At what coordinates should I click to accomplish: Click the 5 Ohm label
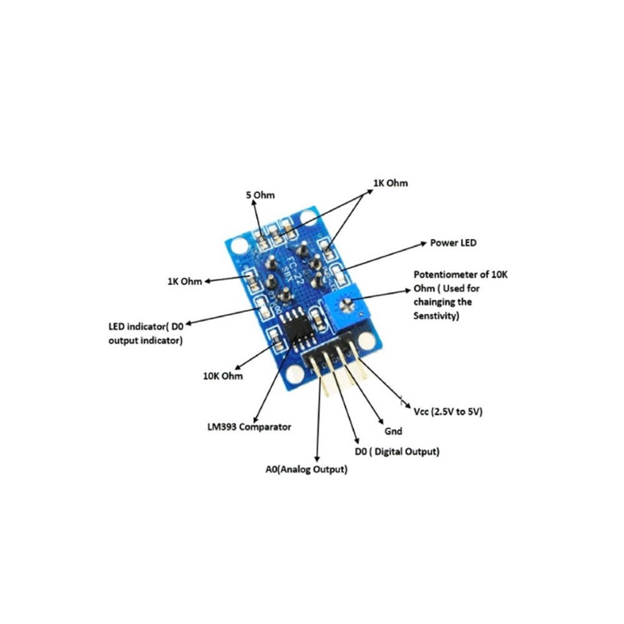pos(260,195)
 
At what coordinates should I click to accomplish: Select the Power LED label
pos(453,243)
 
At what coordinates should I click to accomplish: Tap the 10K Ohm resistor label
pos(222,376)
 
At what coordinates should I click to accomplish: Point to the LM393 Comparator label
pos(249,427)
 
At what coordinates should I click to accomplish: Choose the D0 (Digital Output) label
pos(396,451)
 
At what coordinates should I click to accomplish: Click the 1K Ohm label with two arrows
pos(390,183)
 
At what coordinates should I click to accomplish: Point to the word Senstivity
pos(436,316)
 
